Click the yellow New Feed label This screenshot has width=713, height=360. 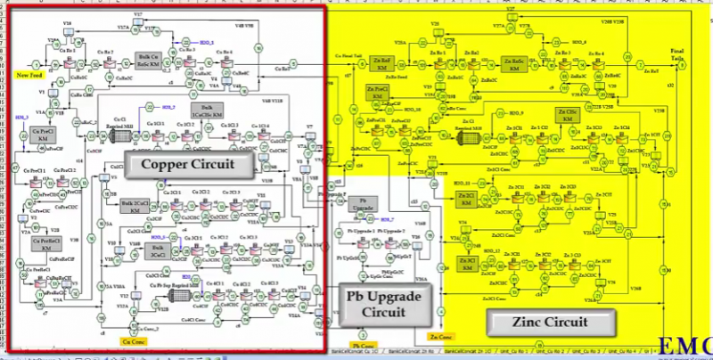coord(29,76)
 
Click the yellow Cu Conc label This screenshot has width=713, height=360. coord(131,340)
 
